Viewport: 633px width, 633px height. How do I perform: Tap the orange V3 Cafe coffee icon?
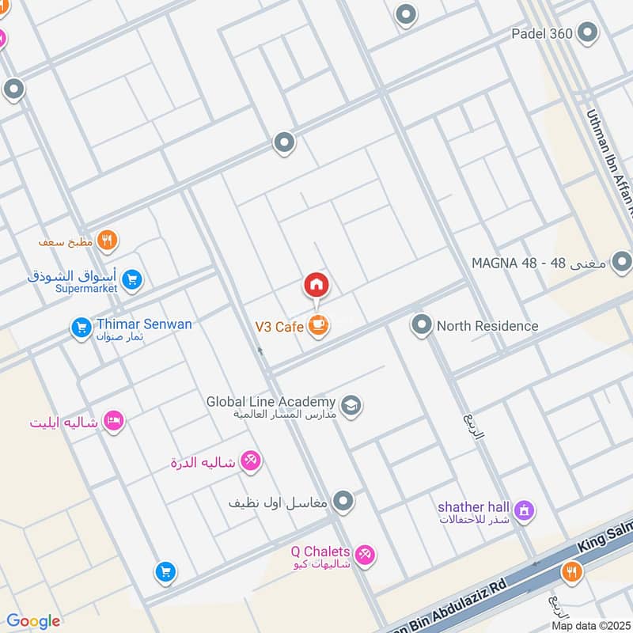point(317,326)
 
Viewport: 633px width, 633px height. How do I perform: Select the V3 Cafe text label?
point(279,326)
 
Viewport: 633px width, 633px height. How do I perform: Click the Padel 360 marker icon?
point(587,32)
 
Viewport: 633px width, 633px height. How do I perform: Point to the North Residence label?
point(487,326)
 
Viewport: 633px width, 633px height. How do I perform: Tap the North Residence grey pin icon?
point(421,325)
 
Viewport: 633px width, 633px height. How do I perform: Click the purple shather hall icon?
point(522,512)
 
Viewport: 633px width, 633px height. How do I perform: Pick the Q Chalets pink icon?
point(364,555)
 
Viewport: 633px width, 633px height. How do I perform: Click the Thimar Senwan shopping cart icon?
point(81,328)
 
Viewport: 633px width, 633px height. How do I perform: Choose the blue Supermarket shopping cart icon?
point(132,279)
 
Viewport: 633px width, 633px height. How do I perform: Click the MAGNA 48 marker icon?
point(622,261)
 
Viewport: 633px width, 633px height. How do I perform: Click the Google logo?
point(33,621)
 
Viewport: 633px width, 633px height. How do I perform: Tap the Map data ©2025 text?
point(590,625)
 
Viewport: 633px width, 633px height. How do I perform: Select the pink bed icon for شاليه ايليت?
point(115,422)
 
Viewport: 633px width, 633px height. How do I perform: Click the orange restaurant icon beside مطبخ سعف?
point(108,240)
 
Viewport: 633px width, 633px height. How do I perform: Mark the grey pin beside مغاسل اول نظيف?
point(343,501)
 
